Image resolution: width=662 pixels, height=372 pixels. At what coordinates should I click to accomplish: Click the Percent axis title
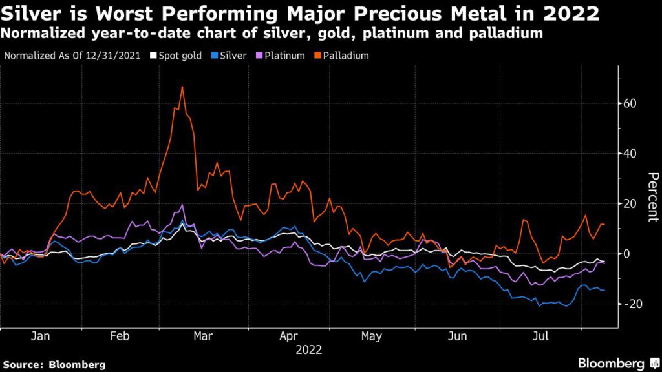[653, 197]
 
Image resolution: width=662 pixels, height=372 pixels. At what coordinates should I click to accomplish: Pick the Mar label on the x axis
[204, 336]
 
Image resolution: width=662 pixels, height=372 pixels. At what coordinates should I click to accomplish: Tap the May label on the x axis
[371, 336]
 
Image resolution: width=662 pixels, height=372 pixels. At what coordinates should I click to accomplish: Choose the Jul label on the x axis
[542, 336]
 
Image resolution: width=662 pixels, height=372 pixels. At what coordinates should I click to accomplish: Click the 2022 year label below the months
[308, 350]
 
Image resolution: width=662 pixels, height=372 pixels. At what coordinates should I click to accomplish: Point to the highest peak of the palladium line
[182, 87]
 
